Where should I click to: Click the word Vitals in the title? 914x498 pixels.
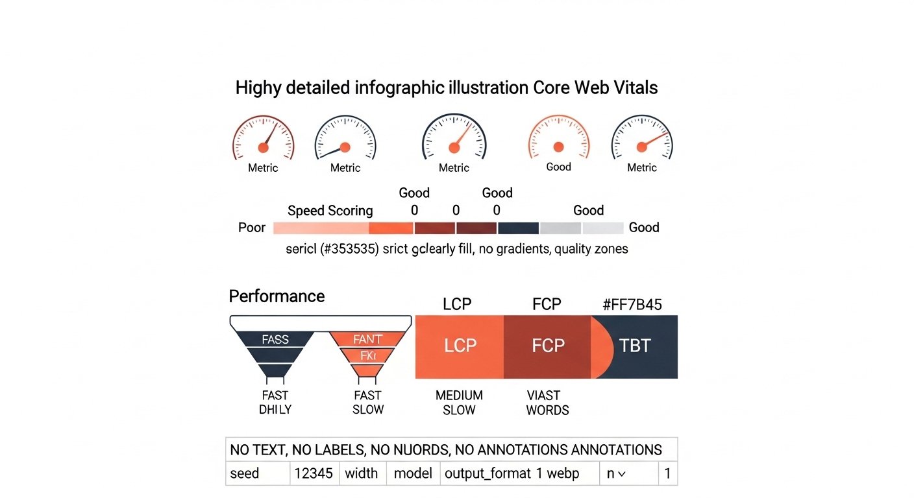coord(634,88)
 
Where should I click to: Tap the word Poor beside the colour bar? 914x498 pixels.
coord(252,228)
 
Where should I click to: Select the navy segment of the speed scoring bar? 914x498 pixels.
coord(519,228)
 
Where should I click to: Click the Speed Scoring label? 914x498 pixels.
coord(330,211)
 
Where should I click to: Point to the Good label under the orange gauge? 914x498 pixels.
coord(558,167)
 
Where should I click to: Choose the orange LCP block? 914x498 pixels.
coord(460,346)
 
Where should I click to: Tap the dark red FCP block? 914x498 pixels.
coord(547,346)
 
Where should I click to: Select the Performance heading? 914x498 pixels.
coord(277,296)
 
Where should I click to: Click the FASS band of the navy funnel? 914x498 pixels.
coord(275,339)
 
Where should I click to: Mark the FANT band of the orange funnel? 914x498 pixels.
coord(367,339)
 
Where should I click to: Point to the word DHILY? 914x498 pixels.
coord(275,410)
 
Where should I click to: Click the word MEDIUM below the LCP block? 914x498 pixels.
coord(459,396)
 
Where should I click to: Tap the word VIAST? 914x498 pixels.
coord(543,396)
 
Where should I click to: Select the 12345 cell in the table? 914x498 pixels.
coord(314,473)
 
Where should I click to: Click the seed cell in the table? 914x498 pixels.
coord(245,473)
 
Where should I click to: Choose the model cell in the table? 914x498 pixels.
coord(413,473)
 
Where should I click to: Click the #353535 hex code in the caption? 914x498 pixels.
coord(349,249)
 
